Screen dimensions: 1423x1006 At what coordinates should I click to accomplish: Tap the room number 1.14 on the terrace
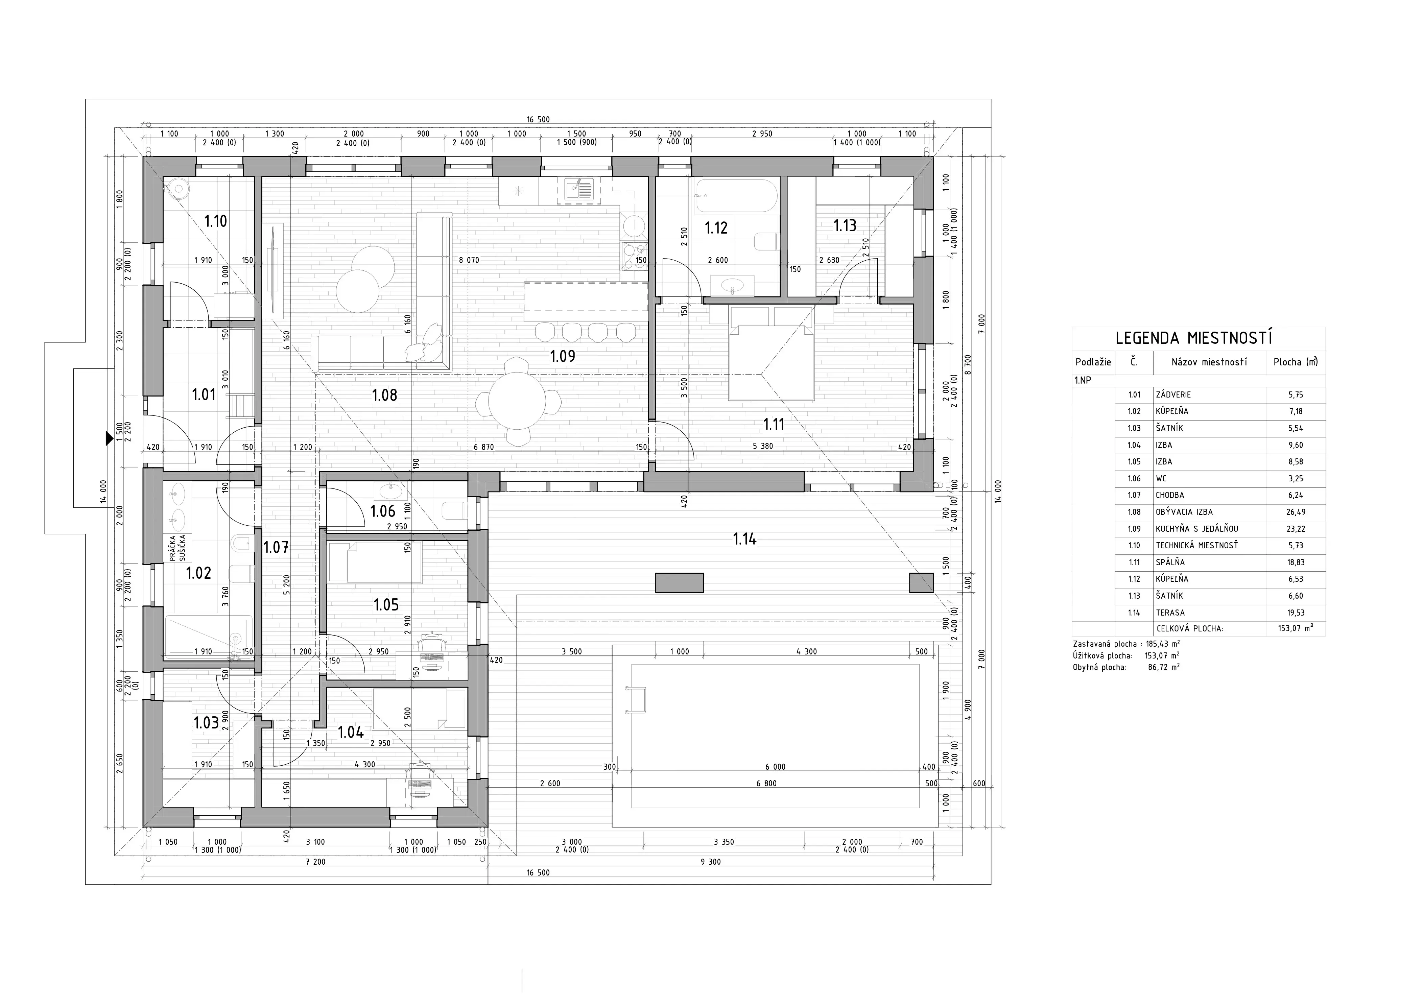pyautogui.click(x=744, y=538)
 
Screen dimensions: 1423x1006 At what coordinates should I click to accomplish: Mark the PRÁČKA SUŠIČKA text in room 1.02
pyautogui.click(x=178, y=548)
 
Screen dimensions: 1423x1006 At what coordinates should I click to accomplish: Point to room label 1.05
pyautogui.click(x=386, y=604)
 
